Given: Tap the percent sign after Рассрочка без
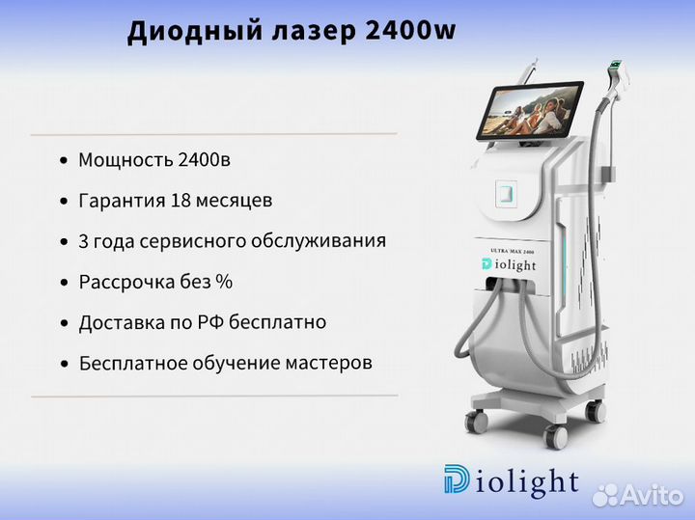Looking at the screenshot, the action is pos(224,282).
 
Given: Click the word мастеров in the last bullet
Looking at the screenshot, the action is pos(328,363).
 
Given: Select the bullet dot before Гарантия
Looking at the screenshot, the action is pos(65,202).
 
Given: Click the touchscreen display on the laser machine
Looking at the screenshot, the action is pos(530,110).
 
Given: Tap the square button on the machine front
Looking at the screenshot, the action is pos(506,194).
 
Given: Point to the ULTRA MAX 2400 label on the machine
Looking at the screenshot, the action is pos(512,251).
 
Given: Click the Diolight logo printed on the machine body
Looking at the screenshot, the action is pos(509,265).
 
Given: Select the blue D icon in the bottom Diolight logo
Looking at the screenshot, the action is pos(457,479).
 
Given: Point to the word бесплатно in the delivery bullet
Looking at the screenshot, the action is pos(278,322).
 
